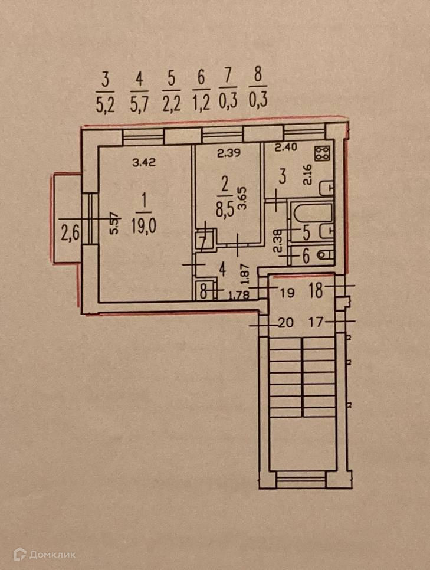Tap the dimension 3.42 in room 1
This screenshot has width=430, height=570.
pyautogui.click(x=144, y=162)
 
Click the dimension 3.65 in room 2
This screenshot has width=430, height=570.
pyautogui.click(x=242, y=198)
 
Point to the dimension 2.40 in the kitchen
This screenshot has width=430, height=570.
pyautogui.click(x=286, y=148)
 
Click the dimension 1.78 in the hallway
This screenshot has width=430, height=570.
pyautogui.click(x=238, y=295)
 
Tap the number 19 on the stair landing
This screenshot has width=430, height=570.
pyautogui.click(x=287, y=292)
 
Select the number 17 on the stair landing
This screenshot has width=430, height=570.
pyautogui.click(x=316, y=322)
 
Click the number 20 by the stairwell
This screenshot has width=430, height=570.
pyautogui.click(x=285, y=322)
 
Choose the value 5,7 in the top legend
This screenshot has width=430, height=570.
pyautogui.click(x=139, y=106)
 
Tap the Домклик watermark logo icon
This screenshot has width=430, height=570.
pyautogui.click(x=19, y=554)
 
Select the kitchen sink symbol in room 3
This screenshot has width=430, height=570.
pyautogui.click(x=326, y=188)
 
